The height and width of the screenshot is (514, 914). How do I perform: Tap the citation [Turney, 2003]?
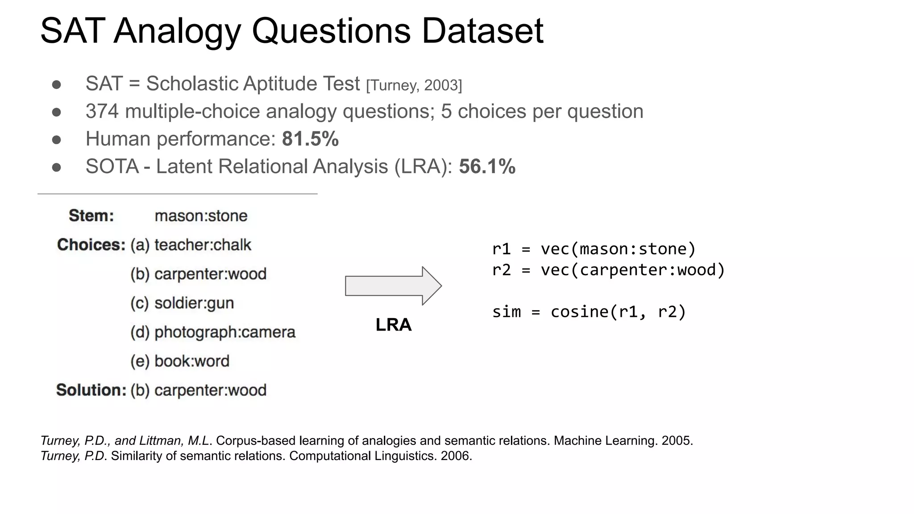tap(414, 85)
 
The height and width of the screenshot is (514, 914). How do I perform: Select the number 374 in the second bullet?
tap(102, 112)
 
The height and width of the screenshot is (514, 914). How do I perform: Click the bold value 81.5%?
tap(310, 139)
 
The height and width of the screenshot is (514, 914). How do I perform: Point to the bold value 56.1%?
tap(487, 166)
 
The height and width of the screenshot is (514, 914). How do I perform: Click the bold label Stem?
tap(91, 216)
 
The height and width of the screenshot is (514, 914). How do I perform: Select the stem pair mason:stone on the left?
tap(201, 216)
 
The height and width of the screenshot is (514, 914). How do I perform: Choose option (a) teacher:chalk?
tap(191, 245)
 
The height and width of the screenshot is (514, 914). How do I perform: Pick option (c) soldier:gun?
tap(182, 303)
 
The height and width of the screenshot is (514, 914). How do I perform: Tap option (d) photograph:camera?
tap(213, 332)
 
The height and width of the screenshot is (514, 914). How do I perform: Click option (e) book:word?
tap(180, 361)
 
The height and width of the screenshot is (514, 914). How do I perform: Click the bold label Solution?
tap(91, 390)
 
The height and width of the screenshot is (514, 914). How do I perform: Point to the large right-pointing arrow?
tap(393, 286)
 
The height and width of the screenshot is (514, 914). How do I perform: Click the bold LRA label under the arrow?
tap(393, 325)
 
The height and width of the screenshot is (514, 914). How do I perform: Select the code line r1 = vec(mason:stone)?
tap(594, 249)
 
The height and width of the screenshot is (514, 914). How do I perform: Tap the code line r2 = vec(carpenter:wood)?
tap(608, 270)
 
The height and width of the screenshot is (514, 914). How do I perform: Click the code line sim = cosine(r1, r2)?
tap(589, 311)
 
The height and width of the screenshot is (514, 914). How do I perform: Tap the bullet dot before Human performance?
tap(56, 140)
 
